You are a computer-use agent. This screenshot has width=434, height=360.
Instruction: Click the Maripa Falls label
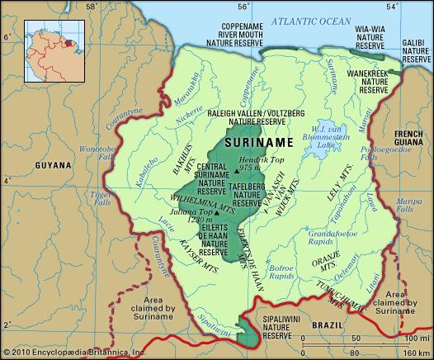pyautogui.click(x=408, y=204)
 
